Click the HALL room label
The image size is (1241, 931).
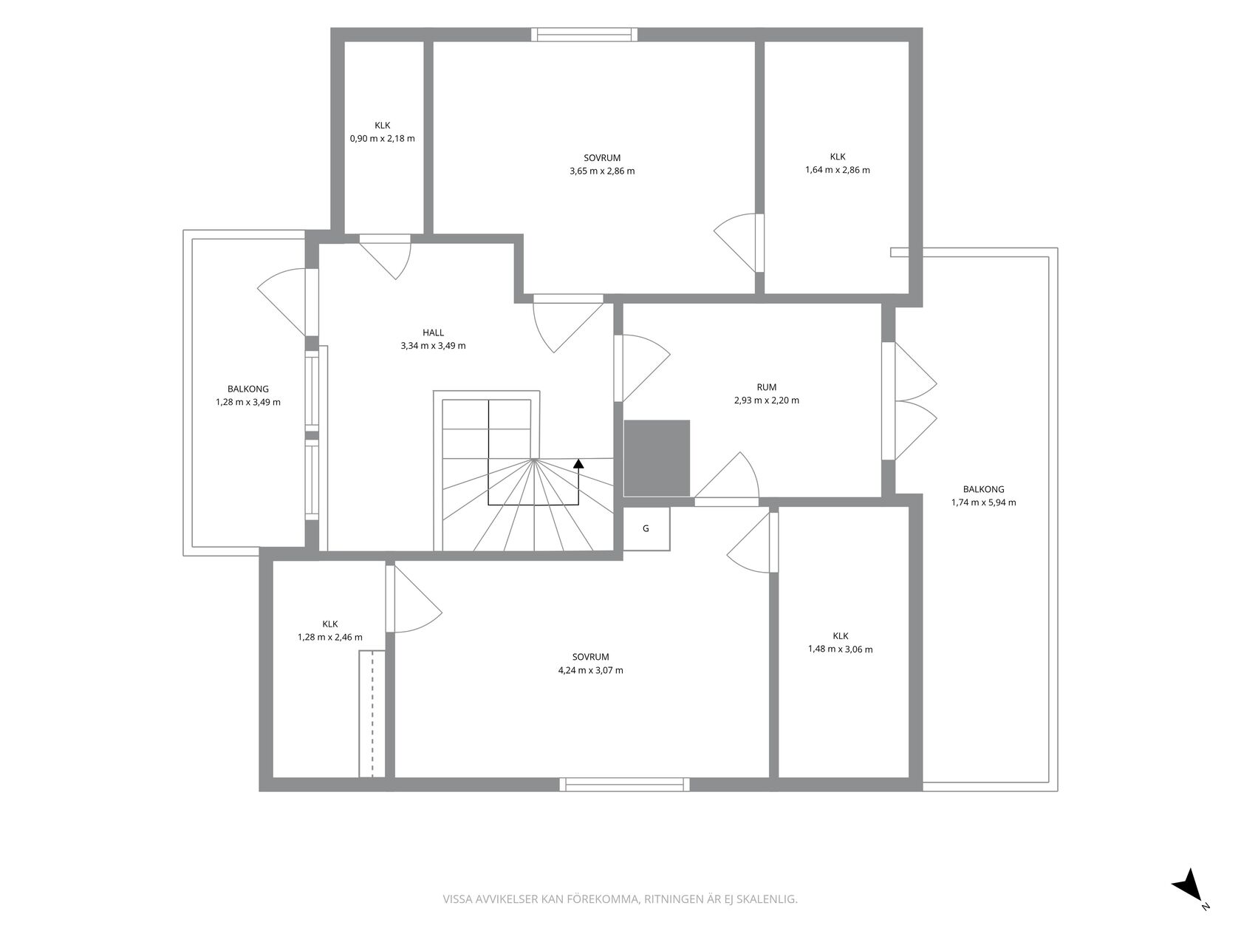(433, 333)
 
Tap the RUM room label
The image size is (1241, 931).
(767, 387)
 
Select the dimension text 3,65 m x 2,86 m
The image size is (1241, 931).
(602, 171)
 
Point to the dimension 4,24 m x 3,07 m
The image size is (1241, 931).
(591, 670)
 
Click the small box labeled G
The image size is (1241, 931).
(646, 528)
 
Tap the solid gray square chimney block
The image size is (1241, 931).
(657, 458)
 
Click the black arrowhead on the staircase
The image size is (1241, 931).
(578, 464)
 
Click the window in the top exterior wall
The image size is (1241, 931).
(584, 35)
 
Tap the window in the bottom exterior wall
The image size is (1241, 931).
(625, 785)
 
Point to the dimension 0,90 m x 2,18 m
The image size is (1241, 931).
(382, 138)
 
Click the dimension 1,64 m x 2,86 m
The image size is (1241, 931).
(838, 170)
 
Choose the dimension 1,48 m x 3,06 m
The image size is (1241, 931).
(841, 649)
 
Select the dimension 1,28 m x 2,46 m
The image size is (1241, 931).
(330, 637)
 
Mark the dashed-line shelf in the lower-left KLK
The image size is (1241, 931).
(372, 714)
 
